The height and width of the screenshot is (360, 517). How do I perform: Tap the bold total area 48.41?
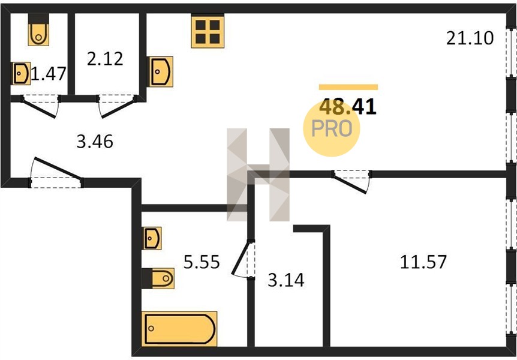click(348, 107)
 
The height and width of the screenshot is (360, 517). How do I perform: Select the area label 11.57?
click(423, 262)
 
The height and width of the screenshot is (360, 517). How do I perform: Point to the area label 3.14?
click(286, 280)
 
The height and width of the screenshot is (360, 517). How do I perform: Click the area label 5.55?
click(202, 262)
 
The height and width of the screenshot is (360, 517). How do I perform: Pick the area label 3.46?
click(95, 142)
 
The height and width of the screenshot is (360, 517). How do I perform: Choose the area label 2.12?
click(105, 59)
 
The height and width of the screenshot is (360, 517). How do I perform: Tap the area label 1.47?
click(49, 74)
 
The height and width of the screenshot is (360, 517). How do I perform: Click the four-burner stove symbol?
click(208, 32)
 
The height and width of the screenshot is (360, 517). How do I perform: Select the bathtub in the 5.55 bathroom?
click(179, 329)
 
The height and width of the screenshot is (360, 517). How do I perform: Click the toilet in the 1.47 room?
click(38, 29)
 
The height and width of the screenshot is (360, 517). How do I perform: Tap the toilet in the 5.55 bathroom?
click(158, 278)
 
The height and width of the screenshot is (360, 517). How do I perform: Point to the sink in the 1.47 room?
click(22, 73)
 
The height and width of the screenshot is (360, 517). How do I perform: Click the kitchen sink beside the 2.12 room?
click(161, 71)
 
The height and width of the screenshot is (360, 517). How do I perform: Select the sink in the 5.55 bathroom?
click(152, 238)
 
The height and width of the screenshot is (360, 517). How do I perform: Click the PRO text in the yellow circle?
click(332, 128)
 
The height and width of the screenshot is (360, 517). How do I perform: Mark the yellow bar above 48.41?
click(348, 87)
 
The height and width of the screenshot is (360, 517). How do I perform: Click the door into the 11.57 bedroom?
click(351, 181)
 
